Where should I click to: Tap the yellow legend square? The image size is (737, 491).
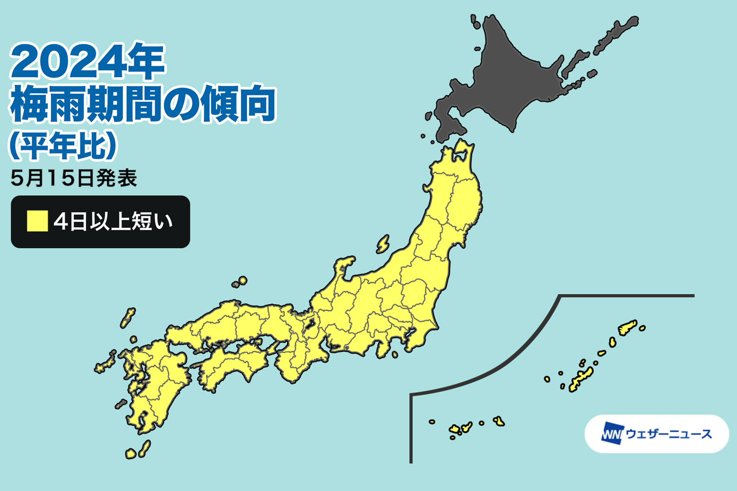[37, 221]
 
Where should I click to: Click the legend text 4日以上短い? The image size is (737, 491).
[113, 221]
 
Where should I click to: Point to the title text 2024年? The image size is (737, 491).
[88, 61]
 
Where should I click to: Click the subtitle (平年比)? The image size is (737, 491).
[63, 146]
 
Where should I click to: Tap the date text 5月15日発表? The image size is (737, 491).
[74, 178]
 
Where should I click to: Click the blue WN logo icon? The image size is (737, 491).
[612, 433]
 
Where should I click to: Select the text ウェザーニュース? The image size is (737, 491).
[669, 434]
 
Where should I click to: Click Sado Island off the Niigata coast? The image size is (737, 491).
[383, 244]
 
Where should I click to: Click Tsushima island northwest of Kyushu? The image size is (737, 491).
[128, 318]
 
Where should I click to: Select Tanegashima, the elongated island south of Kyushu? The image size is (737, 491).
[145, 448]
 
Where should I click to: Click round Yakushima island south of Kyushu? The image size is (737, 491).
[131, 454]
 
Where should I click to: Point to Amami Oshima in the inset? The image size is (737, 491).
[627, 328]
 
